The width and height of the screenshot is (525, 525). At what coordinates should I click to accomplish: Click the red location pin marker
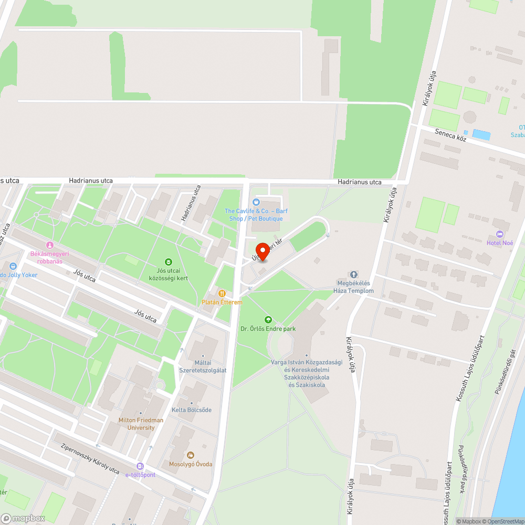point(262,251)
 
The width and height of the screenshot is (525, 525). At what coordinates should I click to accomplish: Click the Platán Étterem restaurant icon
point(222,293)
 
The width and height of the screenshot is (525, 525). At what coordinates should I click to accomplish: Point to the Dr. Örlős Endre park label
point(268,329)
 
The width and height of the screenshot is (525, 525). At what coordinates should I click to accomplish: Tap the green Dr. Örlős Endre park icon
point(268,319)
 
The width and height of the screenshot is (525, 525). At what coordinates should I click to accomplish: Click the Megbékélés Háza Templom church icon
point(354,275)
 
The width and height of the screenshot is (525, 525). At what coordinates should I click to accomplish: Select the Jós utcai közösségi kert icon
point(168,261)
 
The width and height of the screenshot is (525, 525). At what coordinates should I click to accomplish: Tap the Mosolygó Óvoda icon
point(191,455)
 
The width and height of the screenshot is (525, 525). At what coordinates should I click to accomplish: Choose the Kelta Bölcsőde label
point(192,409)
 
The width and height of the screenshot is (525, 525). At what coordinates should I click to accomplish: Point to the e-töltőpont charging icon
point(140,466)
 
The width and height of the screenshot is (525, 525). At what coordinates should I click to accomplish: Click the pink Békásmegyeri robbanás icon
point(50,245)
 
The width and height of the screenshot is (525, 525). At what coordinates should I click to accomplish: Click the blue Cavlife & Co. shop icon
point(256,202)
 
